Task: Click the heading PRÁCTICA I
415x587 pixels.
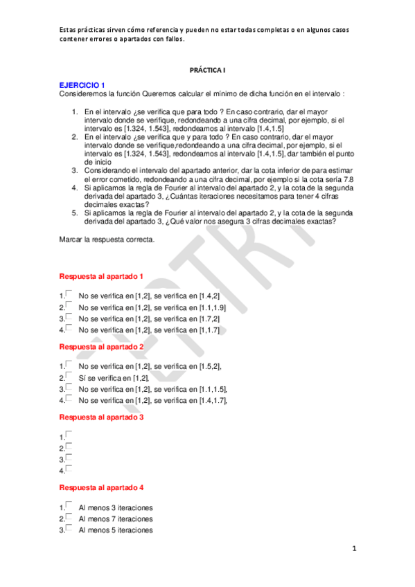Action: point(207,70)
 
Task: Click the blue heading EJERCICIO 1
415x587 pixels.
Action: point(82,84)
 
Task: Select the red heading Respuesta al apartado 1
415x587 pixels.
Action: point(102,276)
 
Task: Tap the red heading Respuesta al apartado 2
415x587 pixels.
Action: point(102,346)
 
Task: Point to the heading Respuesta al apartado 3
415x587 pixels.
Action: point(102,417)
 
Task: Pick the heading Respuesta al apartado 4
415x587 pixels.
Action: point(102,488)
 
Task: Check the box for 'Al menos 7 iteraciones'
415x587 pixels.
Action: point(69,516)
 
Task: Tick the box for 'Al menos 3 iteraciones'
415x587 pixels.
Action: point(69,505)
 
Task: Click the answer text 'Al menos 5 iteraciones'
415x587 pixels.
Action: point(116,530)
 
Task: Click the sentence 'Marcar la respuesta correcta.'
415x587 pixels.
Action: point(107,240)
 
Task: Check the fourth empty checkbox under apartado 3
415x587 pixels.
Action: point(69,469)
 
